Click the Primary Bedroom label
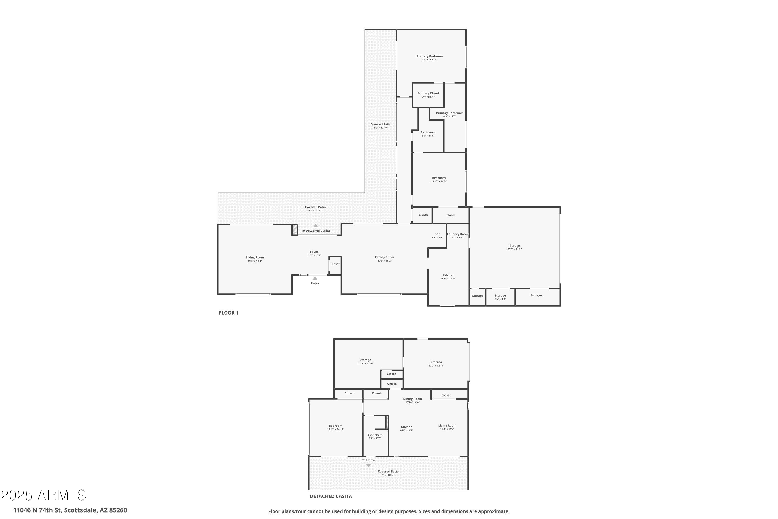429,56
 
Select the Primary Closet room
428,95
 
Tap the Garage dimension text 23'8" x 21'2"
514,249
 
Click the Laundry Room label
457,234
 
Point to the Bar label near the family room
437,234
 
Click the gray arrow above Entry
315,278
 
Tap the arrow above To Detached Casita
315,226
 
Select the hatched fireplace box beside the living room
294,230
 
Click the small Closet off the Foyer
335,264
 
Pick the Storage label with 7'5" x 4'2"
500,296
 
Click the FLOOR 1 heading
228,313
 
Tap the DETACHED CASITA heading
330,496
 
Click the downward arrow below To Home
368,465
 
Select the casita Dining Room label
412,399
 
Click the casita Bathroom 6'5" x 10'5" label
375,435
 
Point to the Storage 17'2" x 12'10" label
436,363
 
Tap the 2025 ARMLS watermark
43,495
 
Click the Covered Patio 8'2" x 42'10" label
380,125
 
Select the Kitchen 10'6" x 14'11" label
448,275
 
